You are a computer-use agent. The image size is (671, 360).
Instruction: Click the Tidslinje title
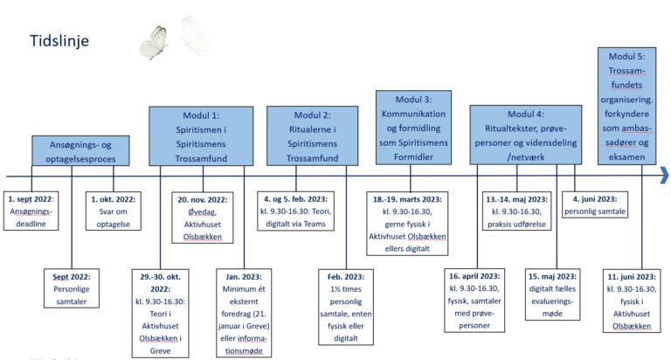[x=59, y=41]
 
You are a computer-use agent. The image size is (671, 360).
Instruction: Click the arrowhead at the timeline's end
[x=665, y=176]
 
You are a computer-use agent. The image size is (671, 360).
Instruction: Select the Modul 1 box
[x=201, y=136]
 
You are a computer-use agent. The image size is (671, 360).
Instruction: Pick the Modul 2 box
[x=313, y=135]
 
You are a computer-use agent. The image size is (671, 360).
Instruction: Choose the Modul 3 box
[x=413, y=128]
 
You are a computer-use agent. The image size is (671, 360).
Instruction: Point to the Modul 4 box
[x=525, y=135]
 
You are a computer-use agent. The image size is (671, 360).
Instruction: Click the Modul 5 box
[x=627, y=106]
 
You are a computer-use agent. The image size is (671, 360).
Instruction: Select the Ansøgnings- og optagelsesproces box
[x=80, y=151]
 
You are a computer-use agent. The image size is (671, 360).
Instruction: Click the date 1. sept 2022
[x=31, y=199]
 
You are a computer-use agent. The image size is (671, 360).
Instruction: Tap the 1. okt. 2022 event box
[x=114, y=211]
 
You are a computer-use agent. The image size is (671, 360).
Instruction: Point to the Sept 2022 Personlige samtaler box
[x=72, y=288]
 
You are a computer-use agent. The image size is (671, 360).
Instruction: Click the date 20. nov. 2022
[x=203, y=200]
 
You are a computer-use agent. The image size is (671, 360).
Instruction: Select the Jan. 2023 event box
[x=244, y=313]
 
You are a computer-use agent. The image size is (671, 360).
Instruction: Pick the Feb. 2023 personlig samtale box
[x=346, y=307]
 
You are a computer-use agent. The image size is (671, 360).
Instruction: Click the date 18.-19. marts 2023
[x=407, y=199]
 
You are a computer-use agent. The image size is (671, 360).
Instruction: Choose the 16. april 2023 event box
[x=474, y=301]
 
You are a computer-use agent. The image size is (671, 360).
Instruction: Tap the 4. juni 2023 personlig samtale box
[x=595, y=204]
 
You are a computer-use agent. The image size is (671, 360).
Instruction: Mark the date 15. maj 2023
[x=552, y=276]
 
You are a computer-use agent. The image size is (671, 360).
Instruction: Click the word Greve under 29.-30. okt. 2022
[x=161, y=350]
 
